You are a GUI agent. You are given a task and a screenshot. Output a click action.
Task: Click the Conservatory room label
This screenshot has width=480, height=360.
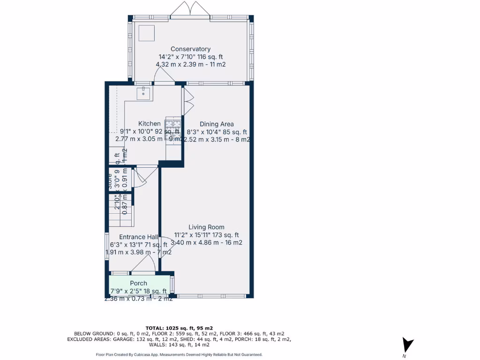[190, 49]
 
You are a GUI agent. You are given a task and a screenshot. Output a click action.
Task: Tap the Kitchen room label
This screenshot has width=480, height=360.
[149, 124]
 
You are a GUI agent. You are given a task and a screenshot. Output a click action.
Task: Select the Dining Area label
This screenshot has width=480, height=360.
[217, 124]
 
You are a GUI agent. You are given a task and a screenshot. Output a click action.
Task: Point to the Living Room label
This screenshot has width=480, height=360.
[206, 227]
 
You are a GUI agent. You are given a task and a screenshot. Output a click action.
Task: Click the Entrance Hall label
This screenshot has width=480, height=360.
[138, 237]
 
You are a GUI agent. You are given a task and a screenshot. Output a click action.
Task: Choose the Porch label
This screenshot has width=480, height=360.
[138, 283]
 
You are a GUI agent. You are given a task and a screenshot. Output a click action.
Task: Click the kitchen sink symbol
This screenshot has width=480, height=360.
[143, 93]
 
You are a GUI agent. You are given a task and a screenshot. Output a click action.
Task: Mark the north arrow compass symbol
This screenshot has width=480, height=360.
[408, 345]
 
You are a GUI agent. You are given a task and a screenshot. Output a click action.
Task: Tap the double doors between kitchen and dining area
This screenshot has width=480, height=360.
[188, 100]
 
